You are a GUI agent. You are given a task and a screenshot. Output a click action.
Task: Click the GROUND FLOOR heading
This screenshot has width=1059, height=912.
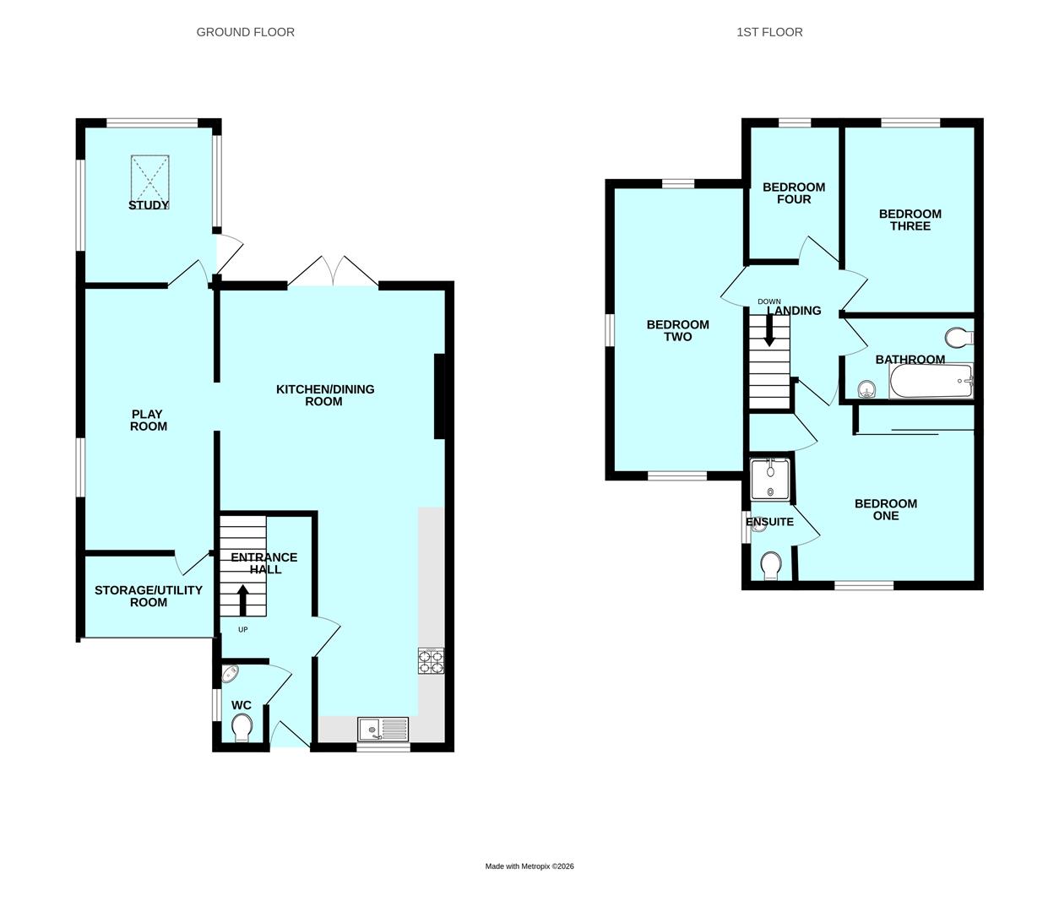[245, 32]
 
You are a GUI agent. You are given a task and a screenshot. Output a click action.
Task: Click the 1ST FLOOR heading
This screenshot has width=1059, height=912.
[769, 32]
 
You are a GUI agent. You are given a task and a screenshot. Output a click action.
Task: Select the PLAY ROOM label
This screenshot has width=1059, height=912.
[149, 420]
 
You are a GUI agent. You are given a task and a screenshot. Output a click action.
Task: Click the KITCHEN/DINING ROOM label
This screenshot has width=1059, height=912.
[324, 395]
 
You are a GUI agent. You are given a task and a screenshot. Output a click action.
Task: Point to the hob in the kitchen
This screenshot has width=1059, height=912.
[431, 660]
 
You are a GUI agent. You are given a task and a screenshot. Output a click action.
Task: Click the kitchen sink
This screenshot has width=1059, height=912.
[383, 729]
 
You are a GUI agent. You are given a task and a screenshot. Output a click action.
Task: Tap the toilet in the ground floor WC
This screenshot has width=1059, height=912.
[241, 728]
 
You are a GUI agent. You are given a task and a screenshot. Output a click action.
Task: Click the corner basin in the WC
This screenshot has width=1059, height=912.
[230, 674]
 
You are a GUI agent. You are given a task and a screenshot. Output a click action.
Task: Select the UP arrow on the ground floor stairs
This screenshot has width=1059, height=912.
[243, 600]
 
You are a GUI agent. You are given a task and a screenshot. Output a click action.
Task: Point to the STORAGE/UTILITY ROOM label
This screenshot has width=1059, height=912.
[148, 596]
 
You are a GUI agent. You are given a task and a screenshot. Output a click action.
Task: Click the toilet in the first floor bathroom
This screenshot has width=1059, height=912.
[959, 338]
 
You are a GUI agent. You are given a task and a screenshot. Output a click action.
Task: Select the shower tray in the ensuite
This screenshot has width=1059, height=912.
[770, 480]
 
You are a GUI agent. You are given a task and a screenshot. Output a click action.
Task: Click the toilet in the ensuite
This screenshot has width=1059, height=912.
[770, 565]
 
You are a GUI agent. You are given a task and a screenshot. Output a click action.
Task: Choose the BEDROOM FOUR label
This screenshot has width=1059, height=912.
[794, 193]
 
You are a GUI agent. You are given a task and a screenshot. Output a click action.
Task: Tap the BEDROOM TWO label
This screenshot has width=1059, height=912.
[677, 330]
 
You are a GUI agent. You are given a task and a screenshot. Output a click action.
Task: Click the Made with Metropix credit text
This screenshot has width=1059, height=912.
[529, 866]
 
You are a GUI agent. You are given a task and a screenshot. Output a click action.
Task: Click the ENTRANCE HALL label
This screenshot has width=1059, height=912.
[264, 563]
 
